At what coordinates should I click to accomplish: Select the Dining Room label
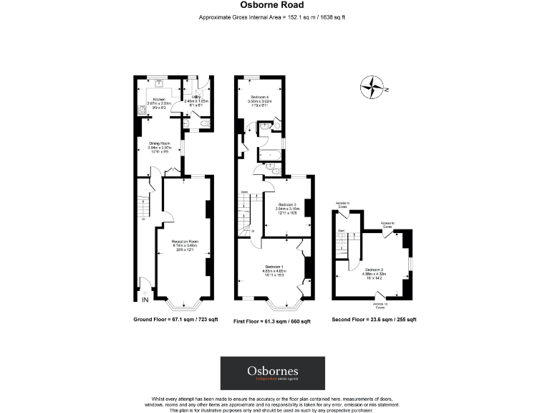coord(159,146)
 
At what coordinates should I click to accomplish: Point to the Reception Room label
coord(184,245)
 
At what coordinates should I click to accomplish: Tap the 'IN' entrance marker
coord(145,299)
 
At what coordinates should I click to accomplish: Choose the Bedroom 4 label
coord(259,100)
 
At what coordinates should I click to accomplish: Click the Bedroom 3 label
coord(287,207)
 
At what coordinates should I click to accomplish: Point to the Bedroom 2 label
coord(372,271)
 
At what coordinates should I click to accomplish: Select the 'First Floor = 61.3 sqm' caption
coord(272,322)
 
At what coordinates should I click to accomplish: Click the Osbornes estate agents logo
coord(272,372)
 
